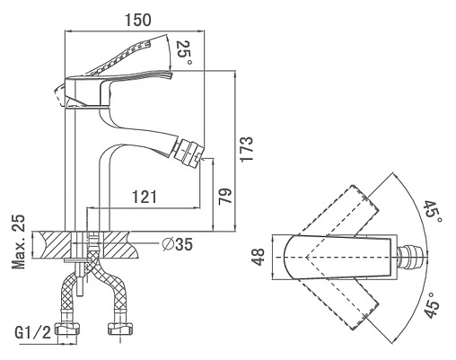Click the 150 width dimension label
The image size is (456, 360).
click(138, 20)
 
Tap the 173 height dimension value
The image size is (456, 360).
click(247, 149)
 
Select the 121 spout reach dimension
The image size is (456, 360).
click(145, 197)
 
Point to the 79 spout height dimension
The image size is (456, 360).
click(225, 197)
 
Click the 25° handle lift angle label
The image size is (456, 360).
click(184, 53)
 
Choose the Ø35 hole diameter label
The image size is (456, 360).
click(177, 244)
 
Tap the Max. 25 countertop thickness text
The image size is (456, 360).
click(18, 241)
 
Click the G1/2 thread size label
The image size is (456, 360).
click(33, 332)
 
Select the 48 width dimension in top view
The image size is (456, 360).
click(258, 257)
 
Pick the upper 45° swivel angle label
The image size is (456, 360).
click(434, 212)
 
